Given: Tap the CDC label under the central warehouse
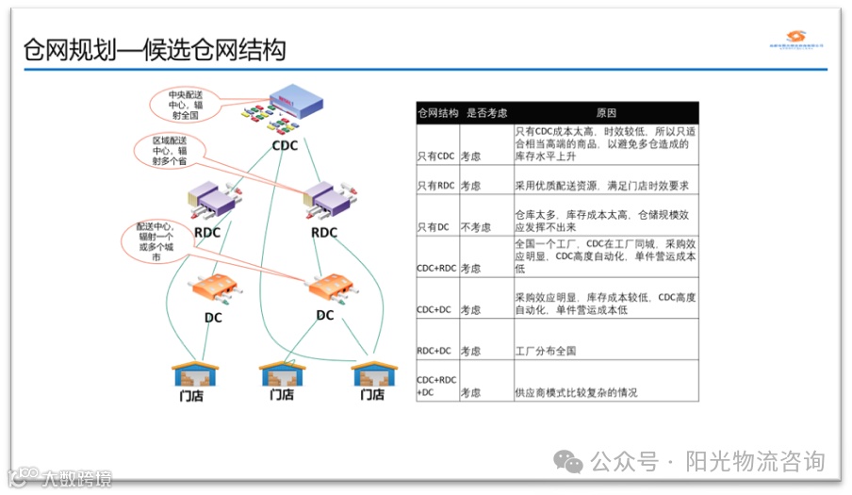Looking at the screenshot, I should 285,146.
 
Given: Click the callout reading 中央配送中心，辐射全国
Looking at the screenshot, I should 187,106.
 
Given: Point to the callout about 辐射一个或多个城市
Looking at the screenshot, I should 156,242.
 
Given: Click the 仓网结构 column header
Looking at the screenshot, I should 437,112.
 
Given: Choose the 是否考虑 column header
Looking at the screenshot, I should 484,112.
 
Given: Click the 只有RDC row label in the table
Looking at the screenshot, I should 435,186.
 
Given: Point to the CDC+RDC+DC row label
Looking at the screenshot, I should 436,386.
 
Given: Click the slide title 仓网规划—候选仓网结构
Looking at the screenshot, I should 155,50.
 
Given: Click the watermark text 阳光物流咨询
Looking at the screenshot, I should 753,461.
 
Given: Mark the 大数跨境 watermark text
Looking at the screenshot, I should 75,479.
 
